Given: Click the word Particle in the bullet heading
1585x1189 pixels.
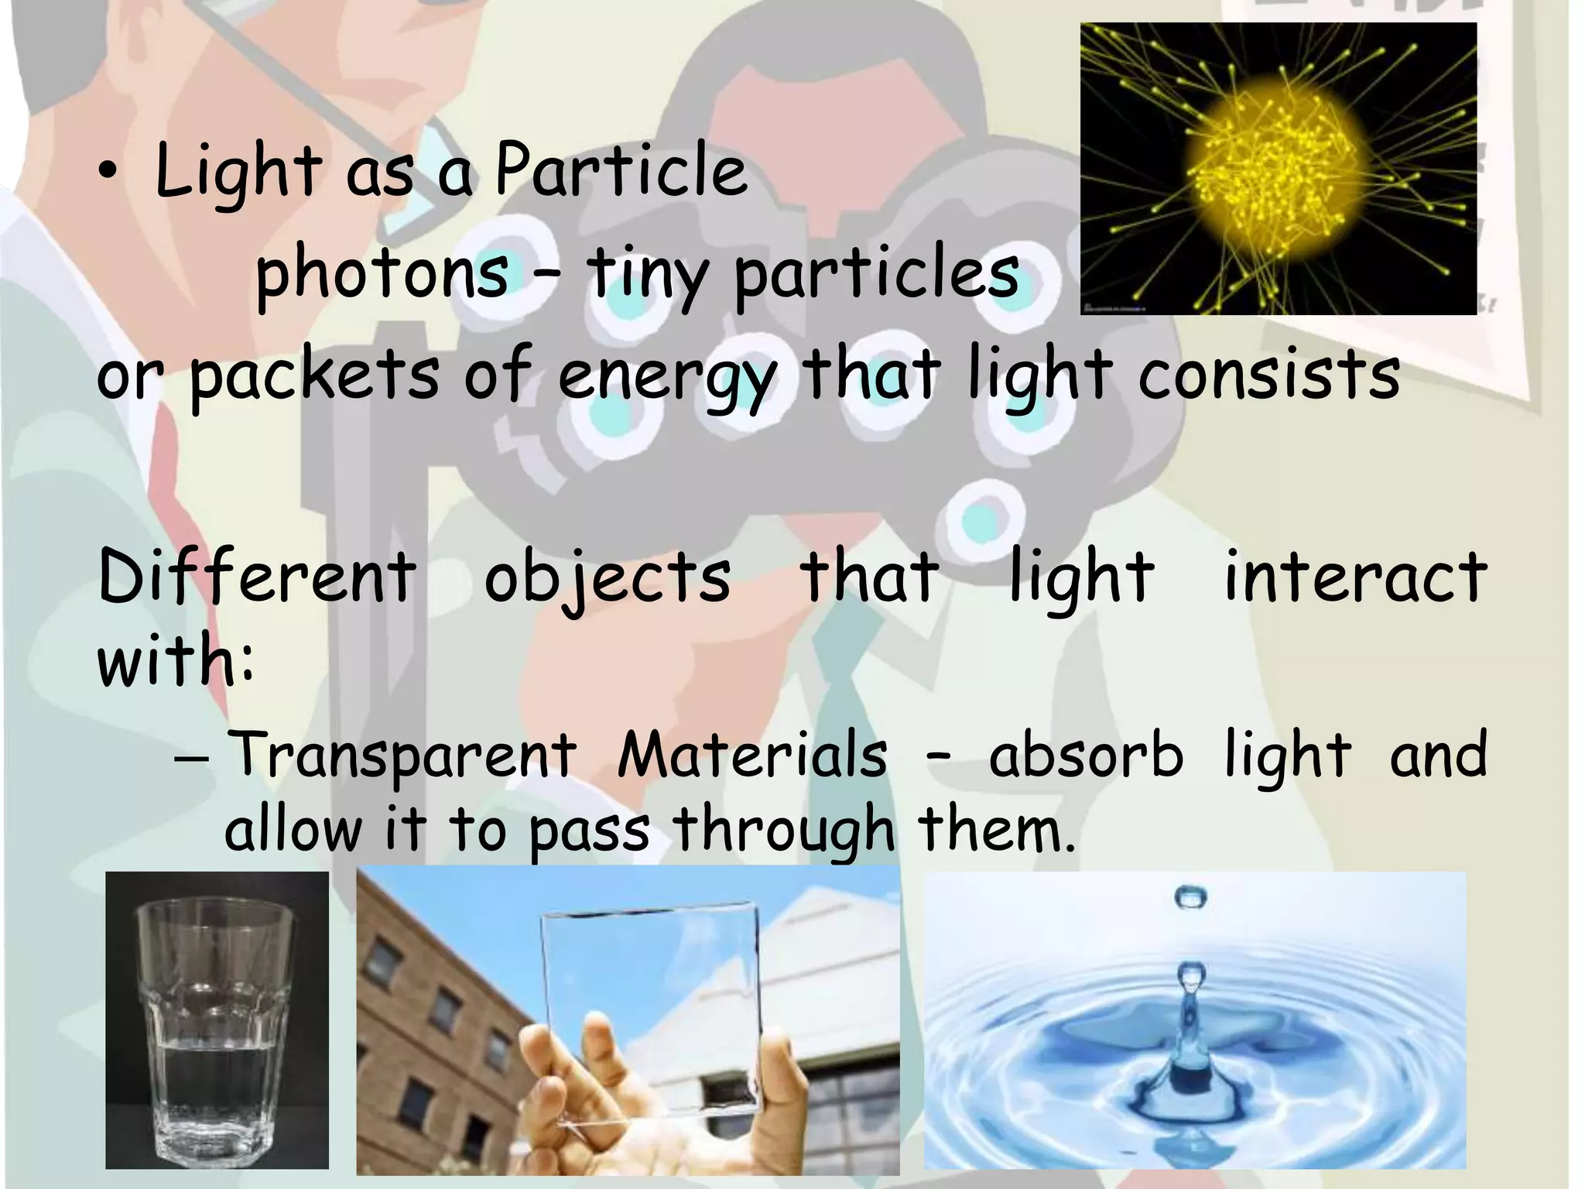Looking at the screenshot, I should coord(621,170).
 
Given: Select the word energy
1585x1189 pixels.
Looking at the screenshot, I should coord(666,376).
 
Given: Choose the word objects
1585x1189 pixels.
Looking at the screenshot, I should coord(608,578).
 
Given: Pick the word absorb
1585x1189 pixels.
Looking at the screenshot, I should coord(1085,754).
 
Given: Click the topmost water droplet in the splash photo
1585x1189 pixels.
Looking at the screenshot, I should coord(1190,898).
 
